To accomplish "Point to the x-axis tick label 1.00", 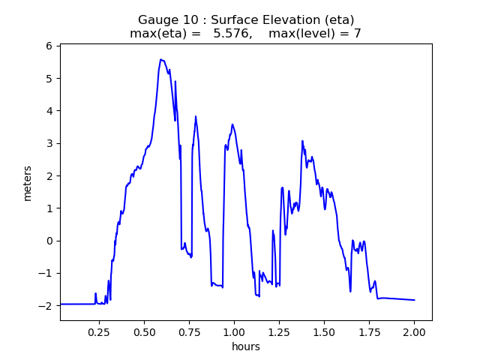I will point(234,331).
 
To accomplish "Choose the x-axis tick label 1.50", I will point(324,331).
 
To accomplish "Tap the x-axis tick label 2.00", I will point(414,331).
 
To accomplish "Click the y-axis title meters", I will point(28,182).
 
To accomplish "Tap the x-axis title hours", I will point(246,346).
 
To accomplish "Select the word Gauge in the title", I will point(157,19).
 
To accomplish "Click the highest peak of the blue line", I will point(160,59).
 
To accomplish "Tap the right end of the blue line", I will point(415,300).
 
